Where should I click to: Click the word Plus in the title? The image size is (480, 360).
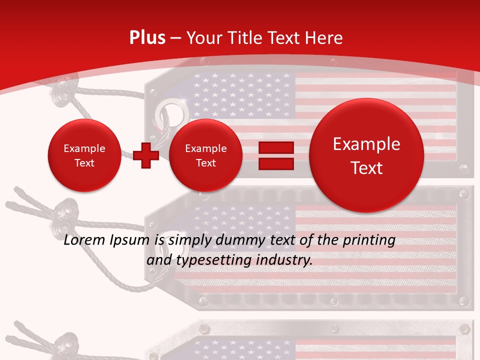click(147, 38)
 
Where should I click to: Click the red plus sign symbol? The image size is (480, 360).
click(146, 155)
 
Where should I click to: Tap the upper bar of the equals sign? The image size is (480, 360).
click(275, 147)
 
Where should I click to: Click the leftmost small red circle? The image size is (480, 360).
click(84, 155)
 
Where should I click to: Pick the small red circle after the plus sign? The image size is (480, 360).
click(205, 155)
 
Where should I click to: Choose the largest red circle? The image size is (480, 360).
click(366, 155)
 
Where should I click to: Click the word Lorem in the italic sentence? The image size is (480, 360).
click(84, 240)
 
